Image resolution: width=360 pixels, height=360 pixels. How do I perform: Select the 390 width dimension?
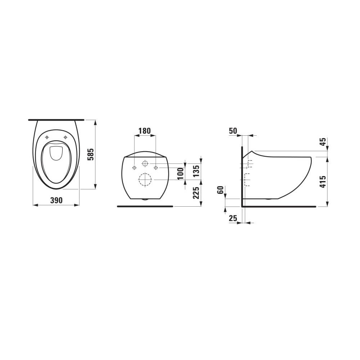(x=56, y=200)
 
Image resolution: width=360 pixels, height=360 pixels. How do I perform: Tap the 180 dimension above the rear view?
(x=145, y=131)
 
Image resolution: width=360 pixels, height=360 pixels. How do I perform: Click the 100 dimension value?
(x=181, y=174)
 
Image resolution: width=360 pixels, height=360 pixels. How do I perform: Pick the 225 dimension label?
(x=196, y=193)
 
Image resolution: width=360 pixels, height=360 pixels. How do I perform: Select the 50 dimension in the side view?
(x=233, y=131)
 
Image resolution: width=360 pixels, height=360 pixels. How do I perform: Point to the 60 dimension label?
(x=221, y=190)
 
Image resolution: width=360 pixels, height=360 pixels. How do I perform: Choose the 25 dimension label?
(x=233, y=218)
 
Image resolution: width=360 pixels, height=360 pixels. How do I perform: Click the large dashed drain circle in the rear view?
(x=145, y=180)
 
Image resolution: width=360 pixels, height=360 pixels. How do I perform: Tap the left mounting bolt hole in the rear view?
(x=134, y=168)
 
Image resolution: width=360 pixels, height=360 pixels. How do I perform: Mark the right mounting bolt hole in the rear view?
(x=156, y=168)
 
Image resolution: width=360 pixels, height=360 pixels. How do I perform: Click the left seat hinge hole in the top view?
(x=47, y=137)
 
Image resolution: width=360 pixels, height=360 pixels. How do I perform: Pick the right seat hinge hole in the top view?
(x=65, y=137)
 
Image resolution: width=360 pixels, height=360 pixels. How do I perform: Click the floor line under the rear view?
(x=145, y=206)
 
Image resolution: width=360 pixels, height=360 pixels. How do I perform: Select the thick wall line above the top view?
(x=56, y=119)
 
